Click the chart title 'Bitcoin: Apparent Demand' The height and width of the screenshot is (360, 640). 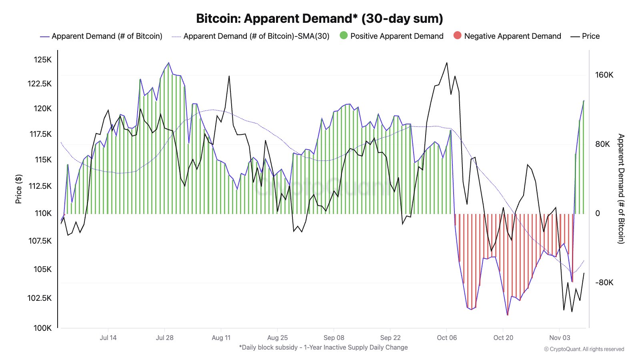pos(319,18)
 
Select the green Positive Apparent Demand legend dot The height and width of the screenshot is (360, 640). pos(344,36)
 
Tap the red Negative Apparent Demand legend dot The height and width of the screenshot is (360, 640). pos(457,36)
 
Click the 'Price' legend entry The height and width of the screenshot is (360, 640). pos(590,36)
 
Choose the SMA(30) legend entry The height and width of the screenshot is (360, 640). pos(256,36)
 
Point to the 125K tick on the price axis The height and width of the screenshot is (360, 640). pos(43,60)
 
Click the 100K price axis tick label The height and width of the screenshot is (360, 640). pos(43,328)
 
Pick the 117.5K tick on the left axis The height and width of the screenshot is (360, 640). pos(40,134)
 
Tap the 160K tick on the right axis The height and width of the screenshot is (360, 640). pos(604,75)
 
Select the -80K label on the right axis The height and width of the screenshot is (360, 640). pos(604,282)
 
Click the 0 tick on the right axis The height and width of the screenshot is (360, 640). pos(598,213)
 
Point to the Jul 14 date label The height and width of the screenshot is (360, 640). pos(108,338)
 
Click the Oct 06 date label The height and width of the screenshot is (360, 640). pos(447,338)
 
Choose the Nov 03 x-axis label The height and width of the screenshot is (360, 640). pos(560,338)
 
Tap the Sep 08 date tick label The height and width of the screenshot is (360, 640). pos(334,338)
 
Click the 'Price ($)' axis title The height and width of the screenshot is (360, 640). pos(18,189)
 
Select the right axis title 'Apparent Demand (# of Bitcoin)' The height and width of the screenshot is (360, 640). pos(621,189)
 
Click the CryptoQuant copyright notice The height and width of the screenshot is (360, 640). pos(584,349)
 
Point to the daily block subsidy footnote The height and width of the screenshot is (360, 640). pos(323,347)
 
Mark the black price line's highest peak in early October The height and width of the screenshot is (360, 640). pos(447,63)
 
